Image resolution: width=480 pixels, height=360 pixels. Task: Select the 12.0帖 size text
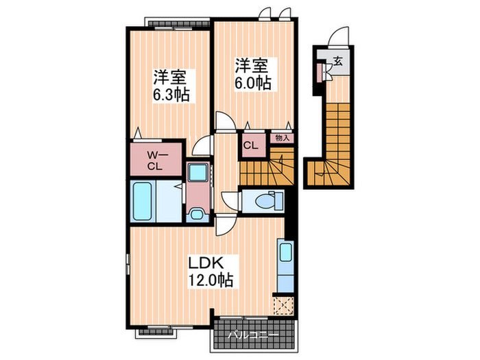click(208, 280)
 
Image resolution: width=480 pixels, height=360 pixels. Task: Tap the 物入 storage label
click(282, 138)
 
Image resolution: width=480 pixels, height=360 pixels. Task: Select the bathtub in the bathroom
click(145, 201)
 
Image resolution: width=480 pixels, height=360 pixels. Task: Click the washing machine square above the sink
click(197, 174)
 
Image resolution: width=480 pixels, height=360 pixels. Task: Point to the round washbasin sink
click(196, 213)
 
